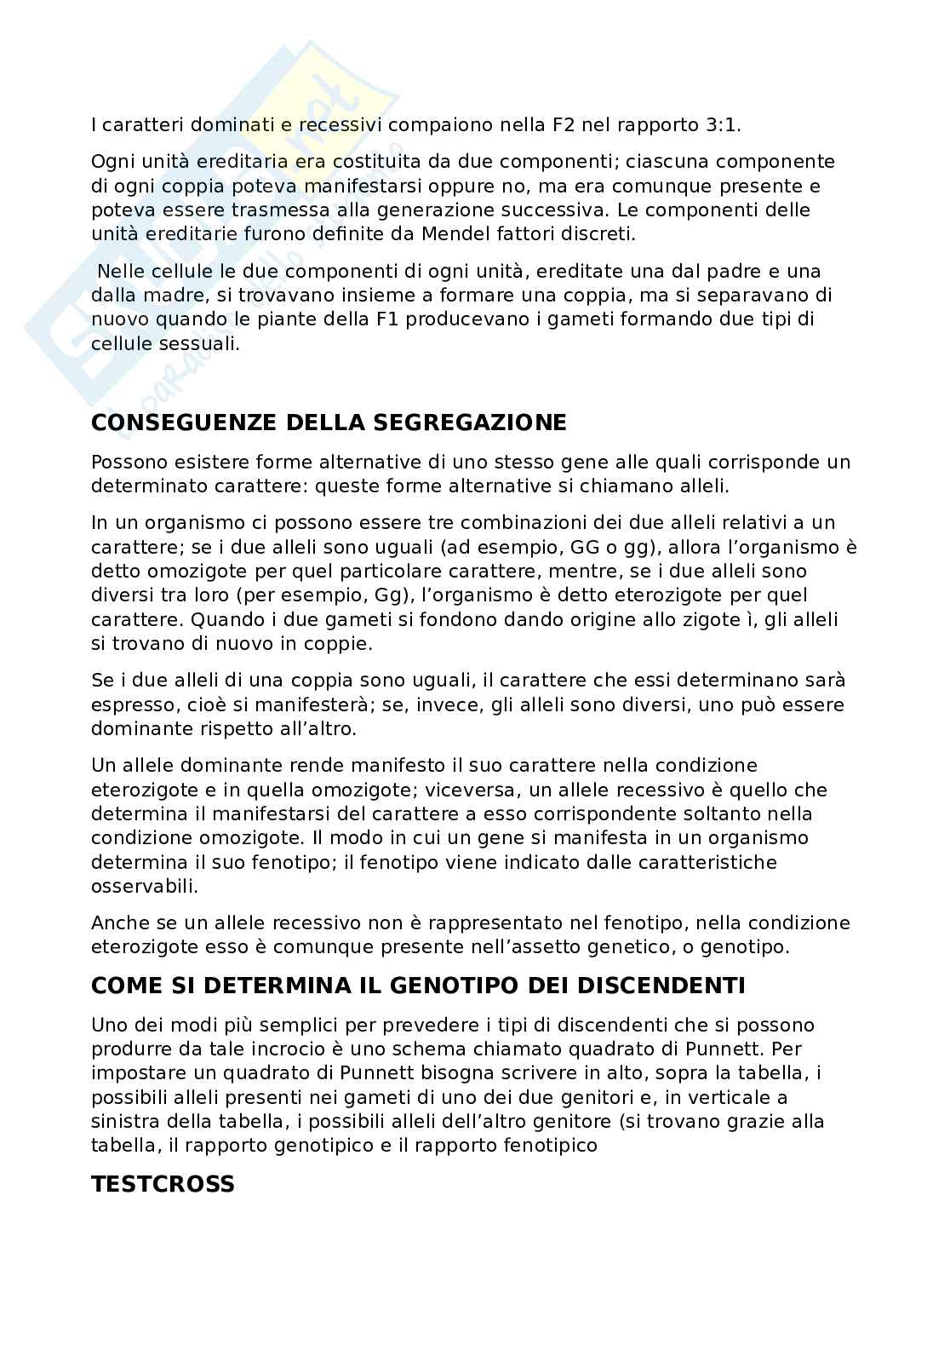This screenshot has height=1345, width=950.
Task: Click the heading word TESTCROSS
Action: (x=163, y=1184)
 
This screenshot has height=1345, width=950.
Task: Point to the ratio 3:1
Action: (x=724, y=125)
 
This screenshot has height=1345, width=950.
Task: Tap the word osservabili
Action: (x=144, y=886)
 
